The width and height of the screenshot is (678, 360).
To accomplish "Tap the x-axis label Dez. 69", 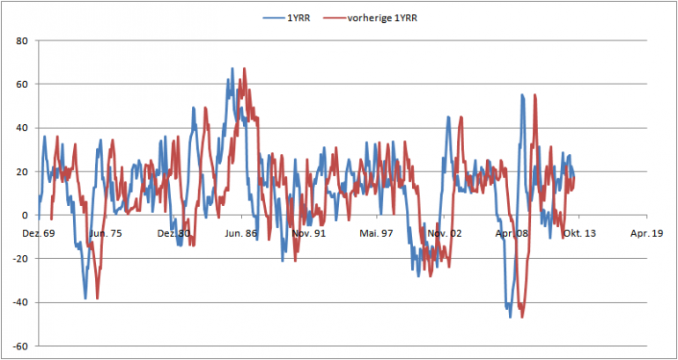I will [x=37, y=233].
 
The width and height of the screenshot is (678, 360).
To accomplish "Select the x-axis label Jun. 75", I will [x=105, y=233].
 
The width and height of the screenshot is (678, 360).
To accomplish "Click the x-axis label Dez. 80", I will [x=173, y=233].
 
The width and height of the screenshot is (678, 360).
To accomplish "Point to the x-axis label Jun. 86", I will [x=240, y=233].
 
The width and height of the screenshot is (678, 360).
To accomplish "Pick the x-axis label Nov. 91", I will [x=308, y=233].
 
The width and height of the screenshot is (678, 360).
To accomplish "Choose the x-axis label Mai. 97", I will [x=376, y=233].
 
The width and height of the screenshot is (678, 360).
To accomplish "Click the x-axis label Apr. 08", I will [x=512, y=233].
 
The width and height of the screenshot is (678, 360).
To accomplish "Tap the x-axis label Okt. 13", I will [x=579, y=233].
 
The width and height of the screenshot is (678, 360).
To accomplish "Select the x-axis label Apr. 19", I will [x=647, y=233].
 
